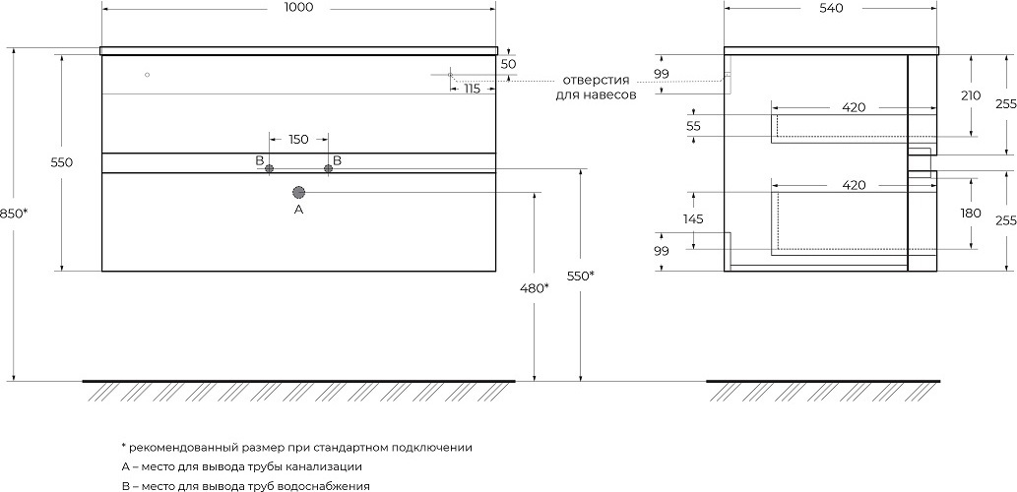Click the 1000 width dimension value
pos(299,9)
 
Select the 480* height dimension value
pos(533,288)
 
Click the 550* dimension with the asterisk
pos(580,277)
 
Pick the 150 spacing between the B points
pos(298,139)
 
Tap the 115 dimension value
pos(472,90)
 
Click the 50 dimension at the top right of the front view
pos(509,64)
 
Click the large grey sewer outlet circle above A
pos(299,192)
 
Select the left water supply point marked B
pos(269,169)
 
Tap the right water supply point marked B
pos(329,169)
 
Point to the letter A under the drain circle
pos(299,210)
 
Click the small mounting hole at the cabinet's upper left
pos(147,75)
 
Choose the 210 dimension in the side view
pos(971,95)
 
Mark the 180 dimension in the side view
pos(971,213)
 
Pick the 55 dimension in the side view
pos(693,126)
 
